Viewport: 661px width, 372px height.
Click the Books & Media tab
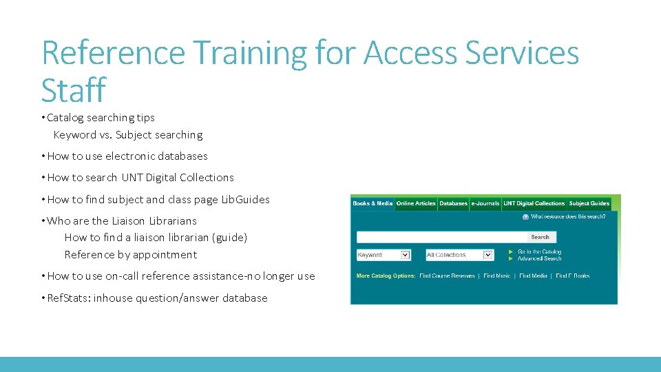(x=373, y=203)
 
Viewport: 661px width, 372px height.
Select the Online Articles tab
(x=416, y=203)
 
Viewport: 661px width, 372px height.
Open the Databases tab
(x=453, y=203)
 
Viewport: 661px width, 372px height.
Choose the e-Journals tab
(x=485, y=203)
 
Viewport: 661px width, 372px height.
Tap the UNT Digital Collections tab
(x=534, y=203)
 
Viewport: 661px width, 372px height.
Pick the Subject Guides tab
(x=589, y=203)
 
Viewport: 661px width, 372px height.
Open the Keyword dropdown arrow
(x=405, y=255)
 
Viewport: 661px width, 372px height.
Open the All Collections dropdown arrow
(x=488, y=255)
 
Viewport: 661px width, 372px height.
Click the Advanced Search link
(x=540, y=259)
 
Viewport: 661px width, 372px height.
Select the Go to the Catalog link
(x=540, y=252)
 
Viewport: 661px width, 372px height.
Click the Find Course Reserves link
(x=448, y=276)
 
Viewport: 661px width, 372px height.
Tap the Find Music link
(x=497, y=276)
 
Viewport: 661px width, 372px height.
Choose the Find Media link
(x=534, y=276)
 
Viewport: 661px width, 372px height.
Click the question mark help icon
(x=526, y=217)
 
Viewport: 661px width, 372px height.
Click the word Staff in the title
(x=73, y=90)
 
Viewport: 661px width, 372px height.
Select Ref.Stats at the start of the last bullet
(x=68, y=298)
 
